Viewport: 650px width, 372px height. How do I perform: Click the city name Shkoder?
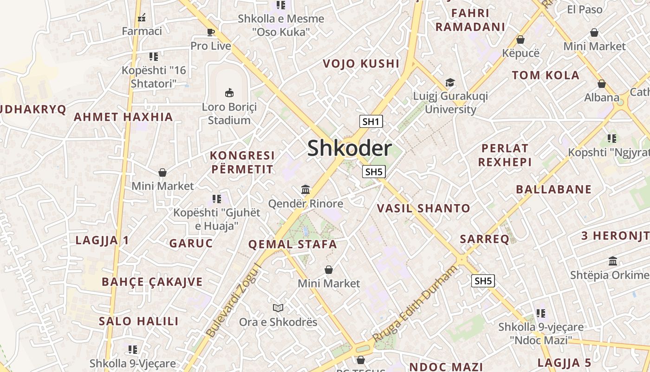pyautogui.click(x=350, y=148)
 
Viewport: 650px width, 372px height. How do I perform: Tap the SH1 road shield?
pyautogui.click(x=371, y=122)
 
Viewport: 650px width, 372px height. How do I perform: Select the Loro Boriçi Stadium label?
pyautogui.click(x=229, y=113)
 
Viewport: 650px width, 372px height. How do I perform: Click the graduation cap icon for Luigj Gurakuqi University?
pyautogui.click(x=450, y=83)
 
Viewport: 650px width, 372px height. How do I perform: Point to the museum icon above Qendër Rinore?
pyautogui.click(x=305, y=190)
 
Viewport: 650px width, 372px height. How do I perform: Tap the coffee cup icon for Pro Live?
pyautogui.click(x=211, y=32)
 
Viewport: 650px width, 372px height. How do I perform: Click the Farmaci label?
pyautogui.click(x=142, y=31)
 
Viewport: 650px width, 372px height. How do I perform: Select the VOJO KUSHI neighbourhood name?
pyautogui.click(x=361, y=64)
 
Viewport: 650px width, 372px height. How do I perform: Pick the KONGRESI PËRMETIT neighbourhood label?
pyautogui.click(x=242, y=162)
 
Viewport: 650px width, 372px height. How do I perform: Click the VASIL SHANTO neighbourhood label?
pyautogui.click(x=423, y=208)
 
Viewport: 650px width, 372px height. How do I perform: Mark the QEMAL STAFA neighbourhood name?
pyautogui.click(x=292, y=244)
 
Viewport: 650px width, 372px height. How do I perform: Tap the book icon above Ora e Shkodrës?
pyautogui.click(x=278, y=308)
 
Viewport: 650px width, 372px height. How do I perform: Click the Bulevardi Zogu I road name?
pyautogui.click(x=233, y=300)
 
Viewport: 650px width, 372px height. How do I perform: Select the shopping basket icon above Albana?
pyautogui.click(x=601, y=84)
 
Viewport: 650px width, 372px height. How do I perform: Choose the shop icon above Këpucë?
pyautogui.click(x=520, y=40)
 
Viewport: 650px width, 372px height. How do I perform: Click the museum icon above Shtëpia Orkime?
pyautogui.click(x=612, y=261)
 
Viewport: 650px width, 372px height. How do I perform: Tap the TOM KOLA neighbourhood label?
pyautogui.click(x=546, y=75)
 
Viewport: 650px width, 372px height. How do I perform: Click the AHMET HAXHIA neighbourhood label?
pyautogui.click(x=123, y=117)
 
